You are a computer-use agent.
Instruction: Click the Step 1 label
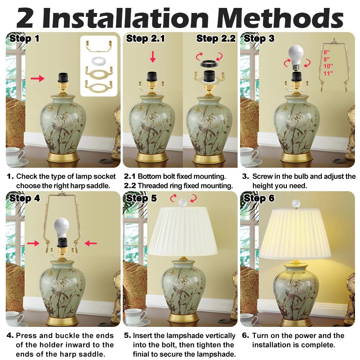click(24, 39)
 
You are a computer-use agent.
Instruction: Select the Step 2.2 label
click(215, 39)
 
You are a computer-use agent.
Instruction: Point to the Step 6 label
click(259, 198)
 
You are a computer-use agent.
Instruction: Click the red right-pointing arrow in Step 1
click(38, 78)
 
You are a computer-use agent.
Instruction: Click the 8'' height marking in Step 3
click(326, 53)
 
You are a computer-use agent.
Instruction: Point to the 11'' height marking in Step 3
click(328, 73)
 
